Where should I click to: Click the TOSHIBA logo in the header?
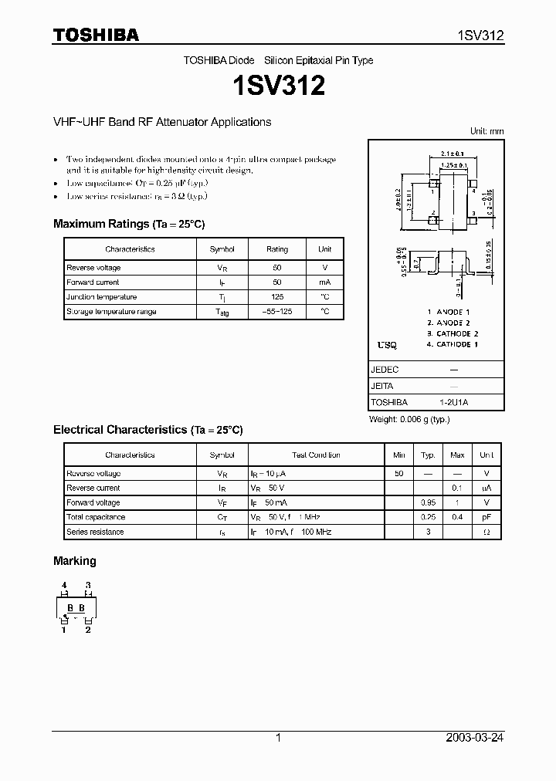pos(96,35)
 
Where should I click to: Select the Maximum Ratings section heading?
pos(129,224)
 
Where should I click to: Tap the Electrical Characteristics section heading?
pos(147,429)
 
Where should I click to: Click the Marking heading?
pos(75,561)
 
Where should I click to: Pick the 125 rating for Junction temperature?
pos(277,297)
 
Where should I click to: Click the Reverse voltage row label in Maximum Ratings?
pos(93,268)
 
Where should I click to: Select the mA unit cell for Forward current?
pos(324,282)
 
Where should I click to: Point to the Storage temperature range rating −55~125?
pos(277,312)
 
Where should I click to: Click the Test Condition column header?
pos(316,455)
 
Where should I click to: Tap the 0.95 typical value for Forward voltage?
pos(427,502)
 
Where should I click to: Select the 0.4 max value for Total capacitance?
pos(457,517)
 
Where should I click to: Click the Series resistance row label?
pos(95,532)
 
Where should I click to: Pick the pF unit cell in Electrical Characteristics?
pos(486,517)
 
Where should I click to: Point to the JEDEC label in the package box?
pos(385,370)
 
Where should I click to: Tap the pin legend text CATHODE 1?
pos(453,344)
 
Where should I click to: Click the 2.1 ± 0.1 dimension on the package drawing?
pos(450,154)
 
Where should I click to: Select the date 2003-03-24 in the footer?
pos(475,738)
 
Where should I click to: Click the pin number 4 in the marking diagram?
pos(65,585)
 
